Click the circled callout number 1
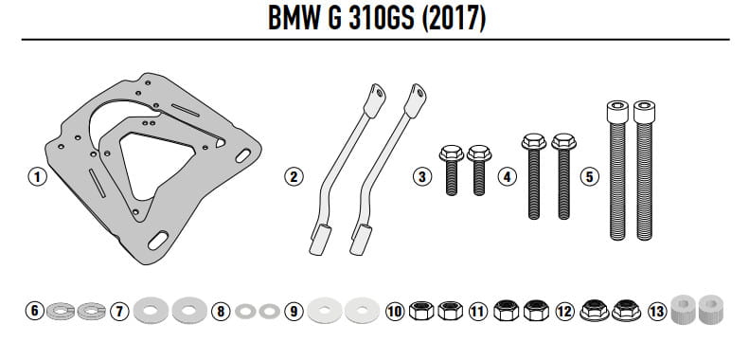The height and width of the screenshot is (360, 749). point(37,177)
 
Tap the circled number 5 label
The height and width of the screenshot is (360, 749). point(590,177)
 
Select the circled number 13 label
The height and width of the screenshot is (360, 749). point(657,312)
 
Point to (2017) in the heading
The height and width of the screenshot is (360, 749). point(455,19)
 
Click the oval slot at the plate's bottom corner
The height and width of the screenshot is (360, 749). point(158,240)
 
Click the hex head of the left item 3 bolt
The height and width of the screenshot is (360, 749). point(451,153)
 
